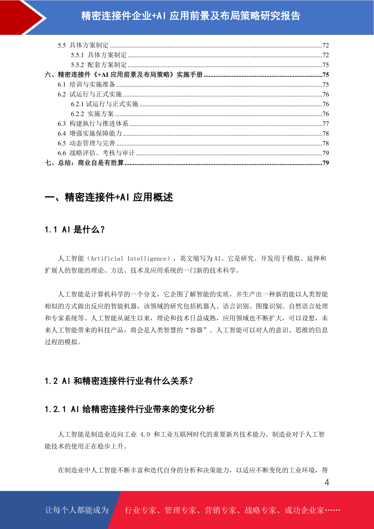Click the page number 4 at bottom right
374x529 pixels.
327,482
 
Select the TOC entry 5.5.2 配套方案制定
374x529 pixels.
99,65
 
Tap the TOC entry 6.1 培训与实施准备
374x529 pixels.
86,85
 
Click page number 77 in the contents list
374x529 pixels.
326,124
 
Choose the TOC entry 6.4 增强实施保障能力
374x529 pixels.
89,134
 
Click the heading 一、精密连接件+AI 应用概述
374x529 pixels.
109,197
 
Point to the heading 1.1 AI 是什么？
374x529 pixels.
74,230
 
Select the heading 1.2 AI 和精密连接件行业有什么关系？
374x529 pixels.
119,381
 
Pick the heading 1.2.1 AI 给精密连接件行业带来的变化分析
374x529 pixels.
129,409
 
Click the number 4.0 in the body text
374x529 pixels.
145,434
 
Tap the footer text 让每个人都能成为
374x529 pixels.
77,510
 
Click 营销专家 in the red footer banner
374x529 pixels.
220,510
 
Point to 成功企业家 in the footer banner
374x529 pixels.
304,510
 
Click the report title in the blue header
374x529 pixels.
191,16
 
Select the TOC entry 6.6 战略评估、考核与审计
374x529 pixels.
96,153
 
